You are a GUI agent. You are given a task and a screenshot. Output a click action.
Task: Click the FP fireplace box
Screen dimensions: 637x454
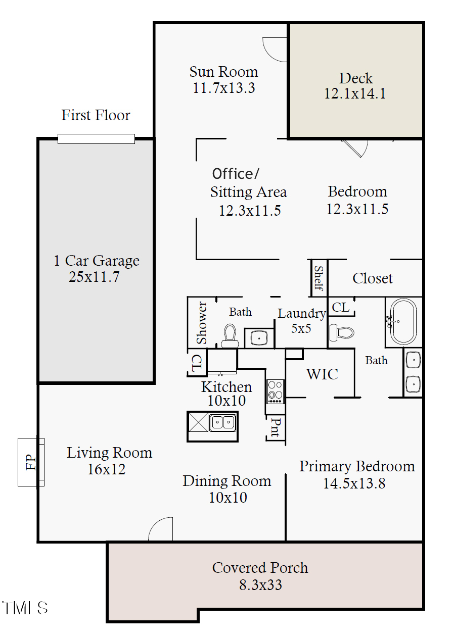coord(31,462)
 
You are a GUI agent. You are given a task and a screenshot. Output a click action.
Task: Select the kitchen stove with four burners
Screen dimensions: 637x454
coord(276,391)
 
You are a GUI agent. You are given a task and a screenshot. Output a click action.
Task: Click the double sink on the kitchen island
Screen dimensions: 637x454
coord(223,422)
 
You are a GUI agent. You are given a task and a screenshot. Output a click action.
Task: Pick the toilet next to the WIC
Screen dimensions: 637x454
coord(341,333)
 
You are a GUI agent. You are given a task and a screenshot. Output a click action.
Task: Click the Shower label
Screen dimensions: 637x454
coord(202,322)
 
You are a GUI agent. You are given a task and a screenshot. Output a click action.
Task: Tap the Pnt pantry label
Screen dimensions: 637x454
coord(276,427)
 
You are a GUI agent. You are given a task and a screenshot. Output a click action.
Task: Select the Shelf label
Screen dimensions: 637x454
coord(319,278)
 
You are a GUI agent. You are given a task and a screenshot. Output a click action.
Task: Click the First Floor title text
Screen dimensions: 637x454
coord(96,115)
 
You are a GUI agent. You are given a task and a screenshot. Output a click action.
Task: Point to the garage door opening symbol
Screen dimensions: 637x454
coord(96,138)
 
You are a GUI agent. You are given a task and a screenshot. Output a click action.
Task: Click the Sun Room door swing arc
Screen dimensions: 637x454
coord(275,50)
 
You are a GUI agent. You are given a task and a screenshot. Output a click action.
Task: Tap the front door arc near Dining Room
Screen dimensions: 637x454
coord(161,529)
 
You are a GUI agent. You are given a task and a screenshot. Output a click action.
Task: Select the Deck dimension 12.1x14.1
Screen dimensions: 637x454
coord(355,93)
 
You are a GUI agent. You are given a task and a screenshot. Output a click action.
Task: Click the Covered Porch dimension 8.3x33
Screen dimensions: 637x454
coord(260,585)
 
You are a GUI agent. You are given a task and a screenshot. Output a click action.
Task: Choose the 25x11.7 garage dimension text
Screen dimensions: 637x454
coord(94,276)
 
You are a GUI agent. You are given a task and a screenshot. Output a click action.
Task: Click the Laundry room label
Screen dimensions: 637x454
coord(301,314)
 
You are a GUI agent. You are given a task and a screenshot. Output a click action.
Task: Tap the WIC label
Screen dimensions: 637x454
coord(322,374)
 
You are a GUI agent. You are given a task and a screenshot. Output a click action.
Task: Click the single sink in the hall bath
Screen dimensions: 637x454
coord(259,337)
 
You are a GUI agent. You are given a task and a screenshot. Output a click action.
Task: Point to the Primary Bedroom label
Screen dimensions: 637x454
coord(357,466)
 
